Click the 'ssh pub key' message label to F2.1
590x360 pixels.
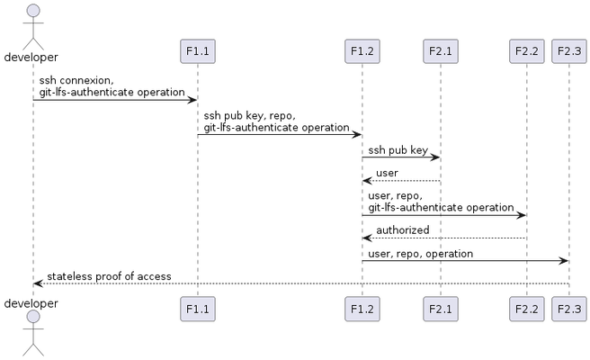398,150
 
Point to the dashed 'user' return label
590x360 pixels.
387,173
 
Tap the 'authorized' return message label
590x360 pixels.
402,230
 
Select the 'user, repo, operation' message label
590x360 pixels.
420,254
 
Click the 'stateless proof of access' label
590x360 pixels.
109,276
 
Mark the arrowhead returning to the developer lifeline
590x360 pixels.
38,283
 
